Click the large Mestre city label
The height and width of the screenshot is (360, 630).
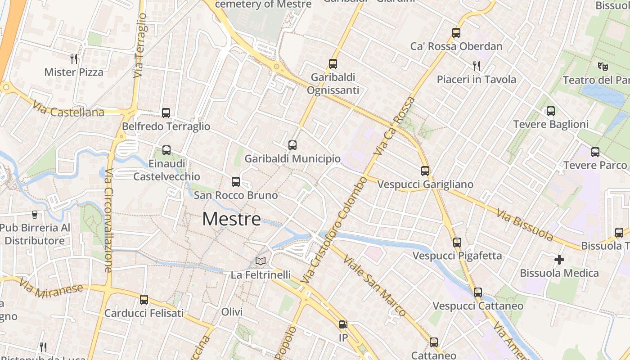[231, 219]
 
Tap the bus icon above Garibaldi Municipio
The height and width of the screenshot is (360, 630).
[292, 145]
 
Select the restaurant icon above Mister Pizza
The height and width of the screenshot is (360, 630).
[74, 58]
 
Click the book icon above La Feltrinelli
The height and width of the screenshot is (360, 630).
[261, 261]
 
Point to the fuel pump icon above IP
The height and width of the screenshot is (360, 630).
[343, 324]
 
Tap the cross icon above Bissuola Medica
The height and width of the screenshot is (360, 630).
[559, 260]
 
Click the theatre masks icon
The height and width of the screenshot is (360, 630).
[603, 67]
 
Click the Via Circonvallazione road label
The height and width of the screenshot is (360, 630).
[108, 220]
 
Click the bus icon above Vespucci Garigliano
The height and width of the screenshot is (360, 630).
[425, 171]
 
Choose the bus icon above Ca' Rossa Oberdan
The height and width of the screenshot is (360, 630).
[456, 33]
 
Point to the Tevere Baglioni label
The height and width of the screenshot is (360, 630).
[551, 124]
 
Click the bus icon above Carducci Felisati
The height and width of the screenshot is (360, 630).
[144, 300]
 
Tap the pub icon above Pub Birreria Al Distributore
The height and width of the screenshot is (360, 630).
[35, 214]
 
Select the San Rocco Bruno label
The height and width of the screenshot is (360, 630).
[236, 195]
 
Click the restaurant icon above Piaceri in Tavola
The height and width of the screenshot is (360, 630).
[477, 66]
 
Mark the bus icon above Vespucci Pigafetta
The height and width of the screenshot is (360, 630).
[457, 243]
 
